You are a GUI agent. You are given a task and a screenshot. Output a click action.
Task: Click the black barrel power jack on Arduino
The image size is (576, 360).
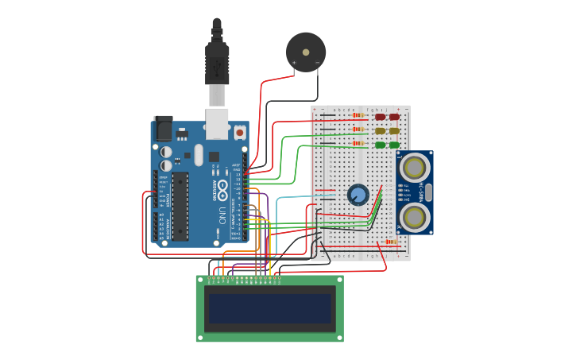point(163,128)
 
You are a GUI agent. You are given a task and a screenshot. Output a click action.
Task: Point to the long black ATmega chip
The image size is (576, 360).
point(180,206)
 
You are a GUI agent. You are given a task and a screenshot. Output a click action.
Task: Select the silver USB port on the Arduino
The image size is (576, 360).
point(217,123)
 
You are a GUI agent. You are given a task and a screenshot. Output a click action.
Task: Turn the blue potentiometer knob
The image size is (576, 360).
point(358,195)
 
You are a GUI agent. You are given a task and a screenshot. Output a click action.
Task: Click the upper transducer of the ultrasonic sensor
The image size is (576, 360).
point(414,168)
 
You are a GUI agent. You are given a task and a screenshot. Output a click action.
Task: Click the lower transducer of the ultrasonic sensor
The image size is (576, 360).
point(414,217)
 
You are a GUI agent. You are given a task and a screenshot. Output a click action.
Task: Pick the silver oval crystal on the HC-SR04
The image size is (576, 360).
point(429,192)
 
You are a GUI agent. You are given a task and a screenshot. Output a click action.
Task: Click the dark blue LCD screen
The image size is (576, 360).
point(270,308)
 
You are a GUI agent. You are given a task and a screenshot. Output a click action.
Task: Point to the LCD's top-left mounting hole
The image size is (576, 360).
point(200,280)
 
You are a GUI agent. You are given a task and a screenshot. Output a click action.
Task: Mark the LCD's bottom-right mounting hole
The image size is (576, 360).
point(339,338)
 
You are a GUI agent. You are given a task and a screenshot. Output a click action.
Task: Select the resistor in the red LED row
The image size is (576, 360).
point(358,116)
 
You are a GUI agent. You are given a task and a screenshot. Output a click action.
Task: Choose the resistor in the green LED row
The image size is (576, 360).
point(358,144)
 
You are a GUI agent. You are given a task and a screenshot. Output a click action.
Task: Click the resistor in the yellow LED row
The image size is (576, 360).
point(358,130)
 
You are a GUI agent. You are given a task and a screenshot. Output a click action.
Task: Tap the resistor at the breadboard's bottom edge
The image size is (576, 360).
point(390,242)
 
